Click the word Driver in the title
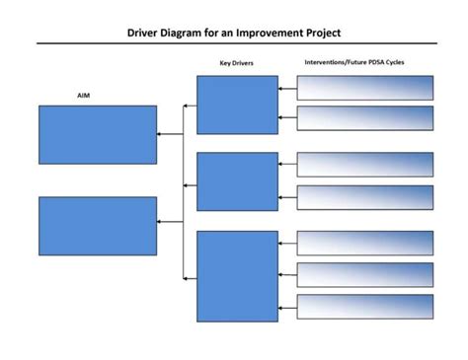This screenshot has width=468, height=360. tap(146, 32)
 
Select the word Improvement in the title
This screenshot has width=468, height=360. tap(258, 32)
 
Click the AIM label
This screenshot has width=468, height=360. tap(84, 96)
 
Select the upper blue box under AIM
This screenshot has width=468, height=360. tap(97, 134)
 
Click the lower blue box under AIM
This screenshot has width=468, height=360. tap(97, 225)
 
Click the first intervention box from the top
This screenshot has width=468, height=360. tap(364, 88)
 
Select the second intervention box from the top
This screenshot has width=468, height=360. tap(364, 118)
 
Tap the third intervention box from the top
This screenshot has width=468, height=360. tap(364, 165)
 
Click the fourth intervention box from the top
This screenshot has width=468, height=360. tap(364, 197)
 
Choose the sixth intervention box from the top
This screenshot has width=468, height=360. tap(364, 274)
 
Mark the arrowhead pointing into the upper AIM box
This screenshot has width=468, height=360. tap(160, 134)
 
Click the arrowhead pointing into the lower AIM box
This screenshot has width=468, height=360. tap(160, 222)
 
